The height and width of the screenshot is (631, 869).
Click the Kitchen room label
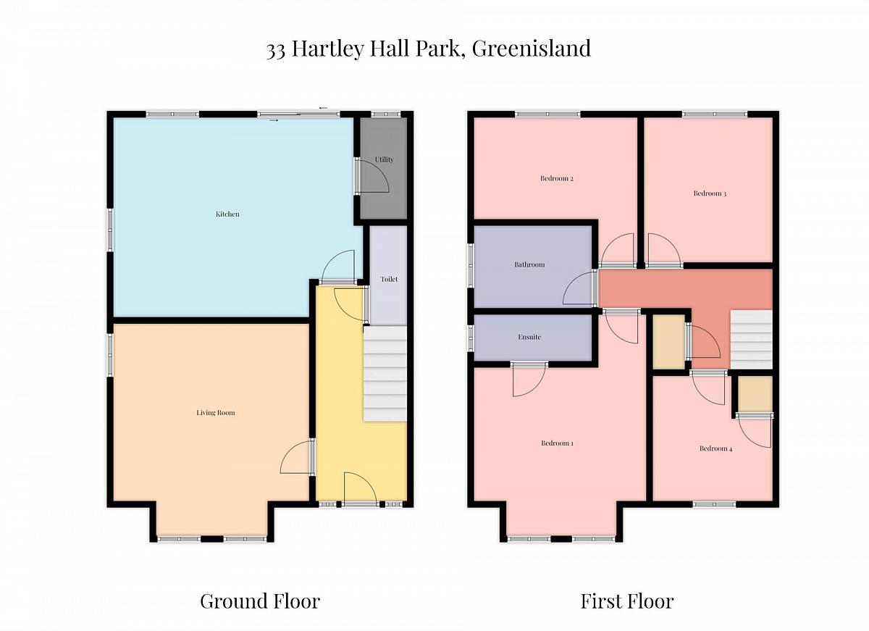pyautogui.click(x=227, y=214)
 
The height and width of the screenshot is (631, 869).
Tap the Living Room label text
pyautogui.click(x=215, y=412)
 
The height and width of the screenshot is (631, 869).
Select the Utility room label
pyautogui.click(x=384, y=159)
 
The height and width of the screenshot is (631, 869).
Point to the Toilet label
pyautogui.click(x=389, y=279)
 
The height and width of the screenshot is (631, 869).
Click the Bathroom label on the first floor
pyautogui.click(x=529, y=264)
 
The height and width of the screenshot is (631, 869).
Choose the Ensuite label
pyautogui.click(x=529, y=337)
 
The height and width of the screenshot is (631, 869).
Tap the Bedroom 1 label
pyautogui.click(x=557, y=443)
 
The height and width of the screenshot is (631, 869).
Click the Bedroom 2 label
pyautogui.click(x=557, y=178)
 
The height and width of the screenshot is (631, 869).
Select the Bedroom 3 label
pyautogui.click(x=710, y=193)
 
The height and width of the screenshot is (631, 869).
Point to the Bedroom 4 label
pyautogui.click(x=715, y=448)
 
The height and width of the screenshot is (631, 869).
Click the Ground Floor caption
pyautogui.click(x=260, y=601)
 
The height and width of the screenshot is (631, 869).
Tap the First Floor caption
pyautogui.click(x=627, y=601)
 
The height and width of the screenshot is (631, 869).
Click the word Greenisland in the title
pyautogui.click(x=532, y=49)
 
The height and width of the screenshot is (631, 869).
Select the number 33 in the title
pyautogui.click(x=276, y=51)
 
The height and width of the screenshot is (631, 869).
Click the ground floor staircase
pyautogui.click(x=385, y=374)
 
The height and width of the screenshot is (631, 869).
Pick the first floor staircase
pyautogui.click(x=752, y=340)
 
